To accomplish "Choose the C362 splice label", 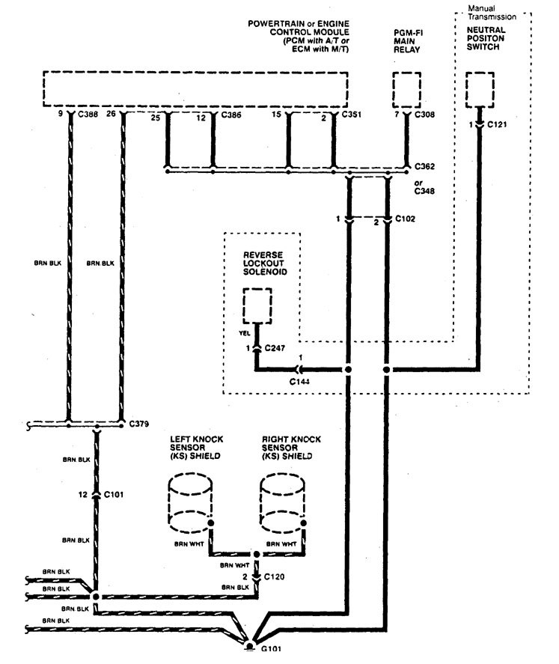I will [x=425, y=166].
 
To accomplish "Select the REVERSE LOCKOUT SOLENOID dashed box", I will [x=257, y=308].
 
